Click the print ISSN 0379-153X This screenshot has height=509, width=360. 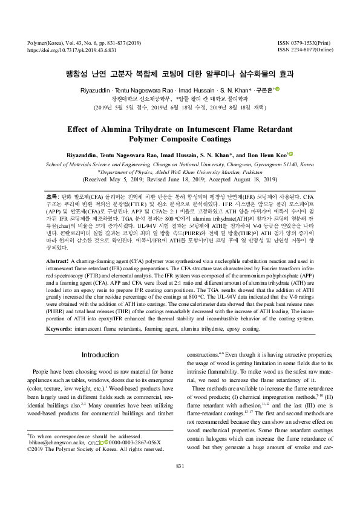tap(304, 43)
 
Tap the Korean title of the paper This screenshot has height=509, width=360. tap(180, 74)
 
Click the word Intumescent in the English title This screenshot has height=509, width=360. tap(227, 129)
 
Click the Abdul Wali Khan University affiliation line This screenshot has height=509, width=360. tap(180, 172)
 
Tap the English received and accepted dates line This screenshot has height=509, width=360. tap(180, 180)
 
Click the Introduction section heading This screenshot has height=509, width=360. tap(100, 354)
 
